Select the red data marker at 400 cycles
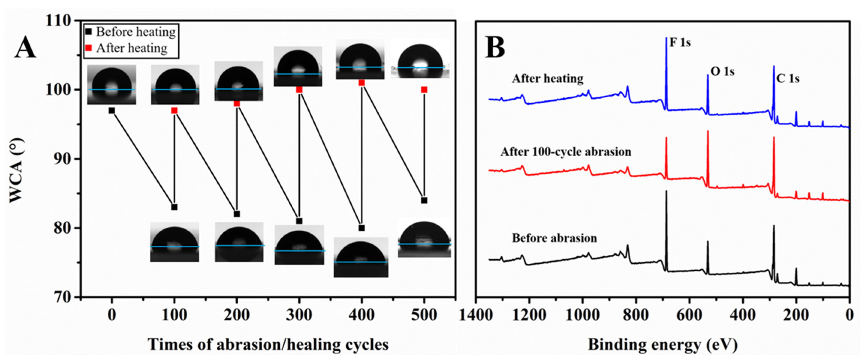pos(361,83)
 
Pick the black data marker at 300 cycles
pos(299,221)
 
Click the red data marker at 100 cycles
pos(174,110)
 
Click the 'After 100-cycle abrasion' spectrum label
pos(566,152)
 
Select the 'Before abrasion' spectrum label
pos(554,238)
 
